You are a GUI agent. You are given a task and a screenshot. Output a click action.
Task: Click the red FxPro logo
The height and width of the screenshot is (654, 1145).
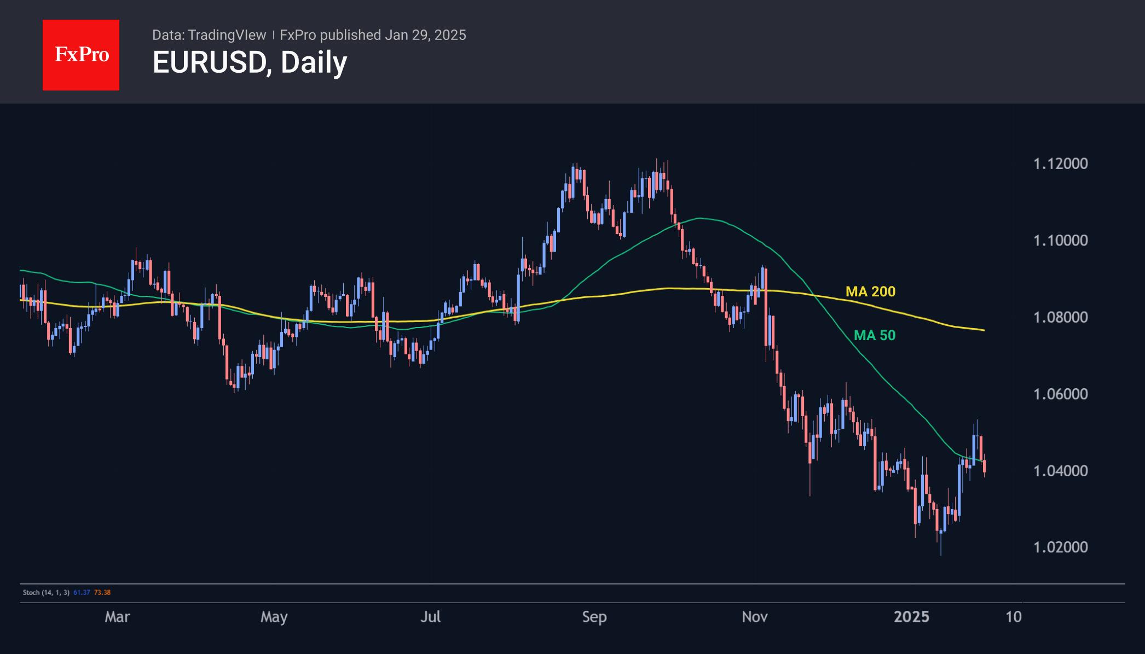[x=81, y=55]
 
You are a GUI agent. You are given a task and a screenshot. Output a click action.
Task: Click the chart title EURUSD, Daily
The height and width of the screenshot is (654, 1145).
[x=250, y=62]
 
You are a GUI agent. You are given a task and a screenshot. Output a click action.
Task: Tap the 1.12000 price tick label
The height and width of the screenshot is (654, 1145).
[x=1060, y=163]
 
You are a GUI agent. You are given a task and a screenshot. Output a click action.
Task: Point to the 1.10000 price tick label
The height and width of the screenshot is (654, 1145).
[x=1060, y=240]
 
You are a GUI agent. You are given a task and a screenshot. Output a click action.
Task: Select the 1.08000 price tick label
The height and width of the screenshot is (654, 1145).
[x=1060, y=317]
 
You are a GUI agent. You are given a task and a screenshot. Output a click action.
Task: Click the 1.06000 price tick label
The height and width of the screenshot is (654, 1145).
[x=1060, y=394]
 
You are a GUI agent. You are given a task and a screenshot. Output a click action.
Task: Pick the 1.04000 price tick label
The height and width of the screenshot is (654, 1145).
[x=1060, y=470]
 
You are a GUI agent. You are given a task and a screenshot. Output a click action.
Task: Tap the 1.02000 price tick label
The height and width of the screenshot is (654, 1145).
[x=1060, y=547]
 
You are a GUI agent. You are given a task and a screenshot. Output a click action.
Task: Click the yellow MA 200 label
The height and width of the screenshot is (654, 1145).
[x=870, y=291]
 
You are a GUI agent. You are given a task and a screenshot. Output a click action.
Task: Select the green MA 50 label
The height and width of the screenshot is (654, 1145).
[x=875, y=335]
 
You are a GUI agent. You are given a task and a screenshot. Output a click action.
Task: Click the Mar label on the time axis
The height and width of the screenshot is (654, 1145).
[x=117, y=617]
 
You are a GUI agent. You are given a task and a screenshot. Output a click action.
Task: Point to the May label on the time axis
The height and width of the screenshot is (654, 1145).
[x=274, y=617]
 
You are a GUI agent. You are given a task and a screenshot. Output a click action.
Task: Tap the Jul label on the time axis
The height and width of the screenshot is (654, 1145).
[x=430, y=617]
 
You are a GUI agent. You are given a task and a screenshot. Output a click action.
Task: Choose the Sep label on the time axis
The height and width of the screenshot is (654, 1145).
[x=594, y=617]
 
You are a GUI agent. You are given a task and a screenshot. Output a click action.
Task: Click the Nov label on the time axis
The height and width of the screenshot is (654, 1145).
[x=754, y=617]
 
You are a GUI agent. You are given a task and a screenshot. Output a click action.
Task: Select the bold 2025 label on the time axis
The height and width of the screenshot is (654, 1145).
[x=911, y=617]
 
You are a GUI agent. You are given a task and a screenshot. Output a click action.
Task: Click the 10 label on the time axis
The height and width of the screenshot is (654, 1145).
[x=1014, y=617]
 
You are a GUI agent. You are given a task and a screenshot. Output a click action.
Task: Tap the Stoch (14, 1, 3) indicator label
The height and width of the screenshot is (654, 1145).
[x=46, y=592]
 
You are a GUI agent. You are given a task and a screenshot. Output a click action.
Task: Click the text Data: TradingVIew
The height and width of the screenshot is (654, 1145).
[x=209, y=35]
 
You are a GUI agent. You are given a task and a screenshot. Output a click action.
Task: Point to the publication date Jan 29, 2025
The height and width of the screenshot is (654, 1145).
[x=425, y=35]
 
